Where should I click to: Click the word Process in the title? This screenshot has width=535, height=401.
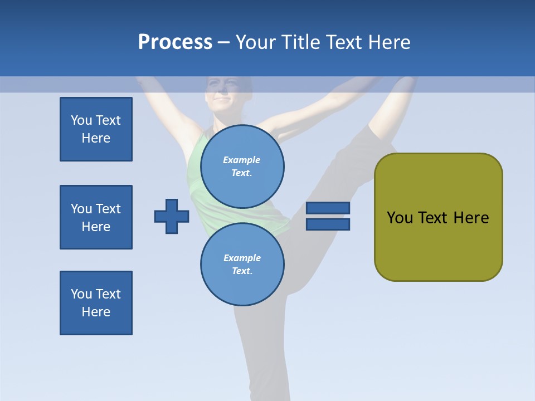pos(175,42)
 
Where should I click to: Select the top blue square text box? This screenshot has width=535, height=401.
pos(96,129)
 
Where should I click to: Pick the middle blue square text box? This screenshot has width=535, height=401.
pos(96,217)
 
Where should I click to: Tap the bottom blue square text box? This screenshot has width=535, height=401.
pos(96,303)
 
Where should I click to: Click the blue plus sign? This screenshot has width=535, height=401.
pos(172,216)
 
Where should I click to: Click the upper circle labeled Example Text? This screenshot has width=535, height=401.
pos(242,166)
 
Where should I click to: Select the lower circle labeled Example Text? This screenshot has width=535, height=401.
pos(242,264)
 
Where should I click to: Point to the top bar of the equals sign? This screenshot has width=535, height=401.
pos(328,208)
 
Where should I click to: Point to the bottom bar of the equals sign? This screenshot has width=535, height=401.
pos(328,224)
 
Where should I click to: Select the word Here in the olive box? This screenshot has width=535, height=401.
pos(471,218)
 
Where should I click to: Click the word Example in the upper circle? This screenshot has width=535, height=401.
pos(241,160)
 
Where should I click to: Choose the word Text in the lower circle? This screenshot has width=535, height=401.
pos(241,271)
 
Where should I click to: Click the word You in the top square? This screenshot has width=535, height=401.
pos(81,120)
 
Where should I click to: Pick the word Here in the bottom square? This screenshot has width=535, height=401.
pos(96,312)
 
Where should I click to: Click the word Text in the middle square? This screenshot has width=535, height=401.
pos(108,209)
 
